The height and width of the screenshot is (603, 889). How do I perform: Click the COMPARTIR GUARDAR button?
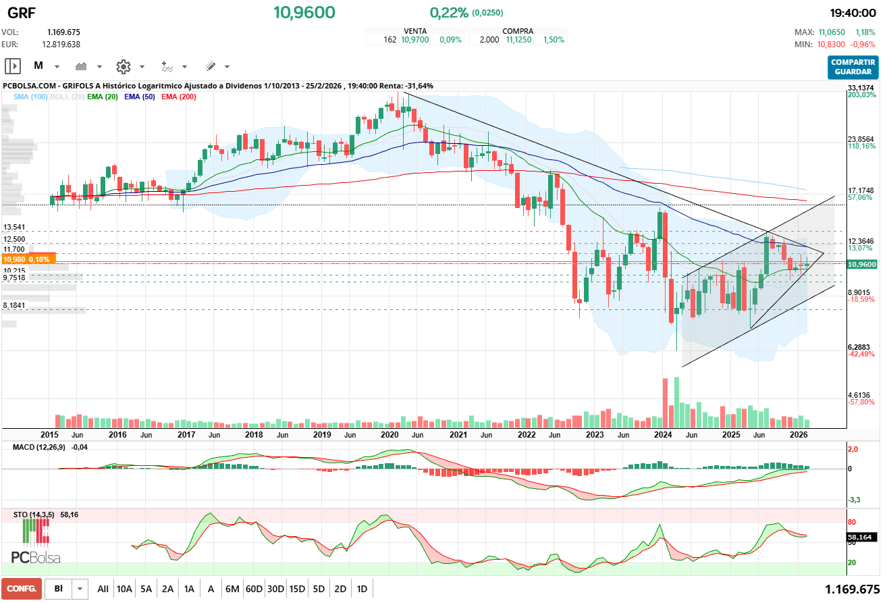[853, 67]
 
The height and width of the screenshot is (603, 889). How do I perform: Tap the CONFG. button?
[22, 589]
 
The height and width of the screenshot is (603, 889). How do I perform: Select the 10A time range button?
[124, 589]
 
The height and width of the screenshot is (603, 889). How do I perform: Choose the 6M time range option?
[232, 589]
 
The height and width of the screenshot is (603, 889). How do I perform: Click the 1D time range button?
[362, 589]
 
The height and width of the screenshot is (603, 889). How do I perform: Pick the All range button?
[103, 589]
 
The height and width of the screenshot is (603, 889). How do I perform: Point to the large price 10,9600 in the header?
[304, 12]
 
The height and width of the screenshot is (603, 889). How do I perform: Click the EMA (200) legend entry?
[179, 97]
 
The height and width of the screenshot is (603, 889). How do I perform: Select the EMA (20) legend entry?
[103, 97]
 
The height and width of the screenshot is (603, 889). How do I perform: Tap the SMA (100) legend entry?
[30, 97]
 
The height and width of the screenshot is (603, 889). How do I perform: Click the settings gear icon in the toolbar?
[123, 66]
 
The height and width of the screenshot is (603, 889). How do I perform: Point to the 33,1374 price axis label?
[861, 88]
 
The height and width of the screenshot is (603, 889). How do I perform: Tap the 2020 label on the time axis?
[391, 434]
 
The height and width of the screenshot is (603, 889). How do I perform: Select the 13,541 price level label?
[14, 228]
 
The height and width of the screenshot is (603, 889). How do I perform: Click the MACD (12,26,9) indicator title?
[39, 447]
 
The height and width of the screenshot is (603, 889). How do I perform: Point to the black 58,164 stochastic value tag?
[861, 538]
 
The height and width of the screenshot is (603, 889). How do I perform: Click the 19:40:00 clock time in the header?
[853, 13]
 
